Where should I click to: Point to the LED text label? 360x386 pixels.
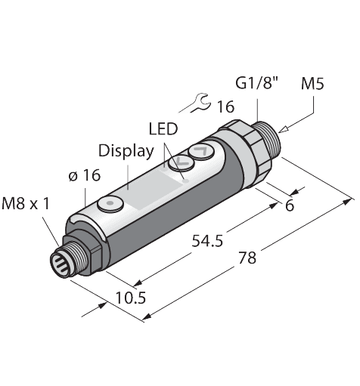click(163, 130)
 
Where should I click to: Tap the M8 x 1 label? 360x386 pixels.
click(29, 202)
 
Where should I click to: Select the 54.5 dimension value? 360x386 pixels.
click(204, 241)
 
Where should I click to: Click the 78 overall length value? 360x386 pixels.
click(247, 258)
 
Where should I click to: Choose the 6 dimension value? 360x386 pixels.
click(290, 205)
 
